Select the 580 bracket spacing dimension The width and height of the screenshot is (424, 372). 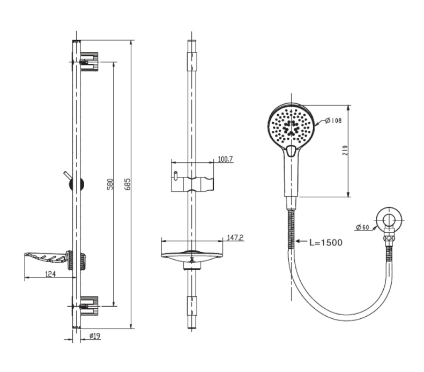pos(109,183)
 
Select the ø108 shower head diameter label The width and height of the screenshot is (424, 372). pos(333,121)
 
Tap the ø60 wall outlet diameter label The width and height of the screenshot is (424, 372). pos(362,227)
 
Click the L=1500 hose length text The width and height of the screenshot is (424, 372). pos(325,242)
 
